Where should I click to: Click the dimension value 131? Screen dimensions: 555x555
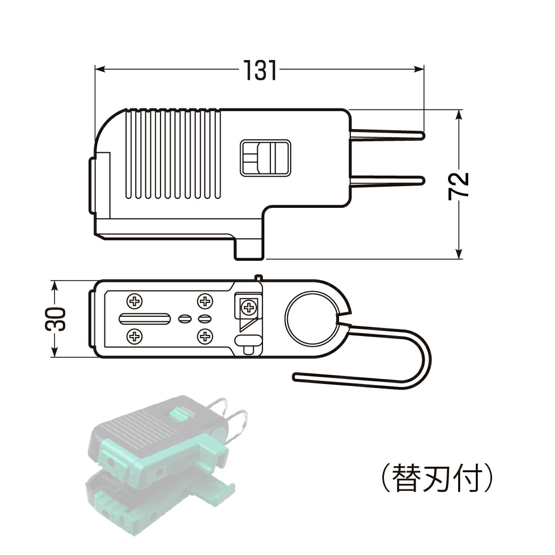pos(261,71)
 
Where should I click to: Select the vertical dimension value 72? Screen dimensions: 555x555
pos(459,185)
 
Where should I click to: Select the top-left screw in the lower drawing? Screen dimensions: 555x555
pos(134,302)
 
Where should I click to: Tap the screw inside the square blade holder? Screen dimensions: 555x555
pos(248,307)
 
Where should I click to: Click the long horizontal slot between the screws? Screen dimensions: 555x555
pos(144,318)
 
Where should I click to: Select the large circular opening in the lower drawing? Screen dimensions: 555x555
pos(311,318)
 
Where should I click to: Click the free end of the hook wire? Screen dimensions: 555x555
pos(296,376)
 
